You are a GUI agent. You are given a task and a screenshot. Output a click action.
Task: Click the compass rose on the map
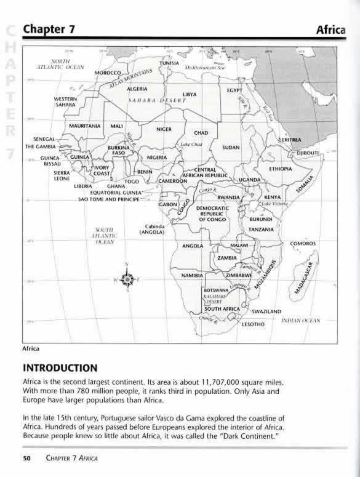point(127,280)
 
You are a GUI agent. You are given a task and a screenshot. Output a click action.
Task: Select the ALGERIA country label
point(137,89)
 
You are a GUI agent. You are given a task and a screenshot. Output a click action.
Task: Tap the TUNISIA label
point(169,64)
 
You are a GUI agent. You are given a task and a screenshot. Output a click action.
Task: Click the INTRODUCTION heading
point(60,368)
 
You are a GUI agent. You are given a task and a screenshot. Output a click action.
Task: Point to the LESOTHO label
point(253,323)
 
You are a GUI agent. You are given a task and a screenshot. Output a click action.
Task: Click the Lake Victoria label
point(275,203)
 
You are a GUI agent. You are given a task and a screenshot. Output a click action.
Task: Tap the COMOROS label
point(303,244)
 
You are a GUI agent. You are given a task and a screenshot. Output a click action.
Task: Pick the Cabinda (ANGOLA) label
point(151,229)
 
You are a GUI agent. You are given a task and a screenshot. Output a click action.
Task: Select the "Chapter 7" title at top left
point(49,29)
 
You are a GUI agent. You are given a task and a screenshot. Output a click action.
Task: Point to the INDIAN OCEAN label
point(301,321)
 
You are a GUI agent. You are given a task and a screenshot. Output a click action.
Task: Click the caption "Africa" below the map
point(31,348)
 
